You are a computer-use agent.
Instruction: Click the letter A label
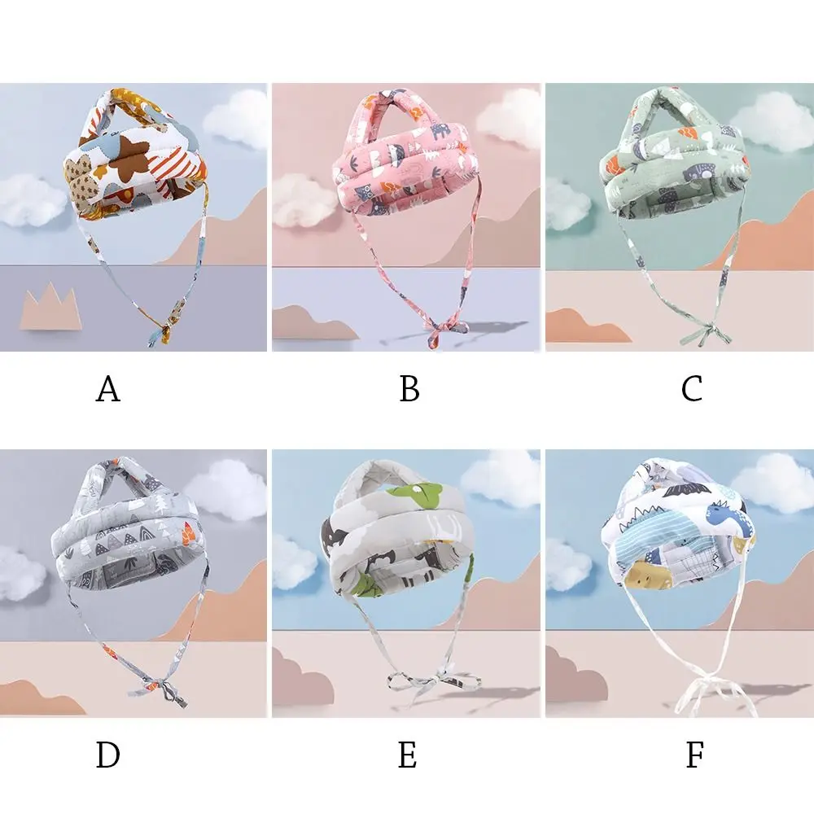point(108,389)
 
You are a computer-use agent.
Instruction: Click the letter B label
point(409,389)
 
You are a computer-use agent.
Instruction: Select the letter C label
point(691,389)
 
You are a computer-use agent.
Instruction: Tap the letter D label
point(108,755)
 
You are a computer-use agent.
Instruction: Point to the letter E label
point(408,755)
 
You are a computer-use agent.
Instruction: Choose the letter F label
point(695,755)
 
